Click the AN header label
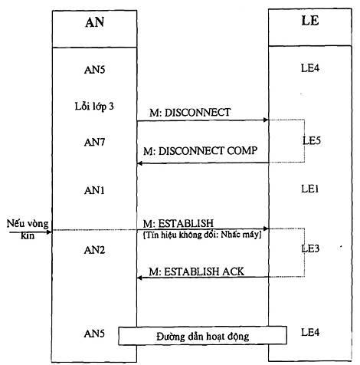tap(95, 22)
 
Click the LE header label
tap(310, 21)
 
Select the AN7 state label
tap(94, 142)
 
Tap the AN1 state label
tap(94, 190)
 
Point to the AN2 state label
tap(94, 250)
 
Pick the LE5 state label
tap(312, 140)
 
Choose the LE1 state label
tap(310, 189)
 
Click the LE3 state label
tap(310, 248)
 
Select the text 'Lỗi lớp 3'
tap(94, 106)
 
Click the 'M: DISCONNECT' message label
tap(190, 113)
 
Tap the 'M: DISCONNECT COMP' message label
tap(201, 151)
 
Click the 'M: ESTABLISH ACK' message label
tap(197, 271)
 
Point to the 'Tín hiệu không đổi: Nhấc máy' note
tap(202, 235)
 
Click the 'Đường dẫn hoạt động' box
tap(202, 336)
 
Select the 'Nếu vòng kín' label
tap(28, 229)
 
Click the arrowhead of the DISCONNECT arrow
tap(266, 120)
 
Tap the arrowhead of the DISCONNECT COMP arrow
tap(139, 163)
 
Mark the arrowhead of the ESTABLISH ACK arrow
tap(139, 278)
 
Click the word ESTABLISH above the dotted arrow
tap(186, 224)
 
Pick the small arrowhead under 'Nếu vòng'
tap(49, 232)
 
